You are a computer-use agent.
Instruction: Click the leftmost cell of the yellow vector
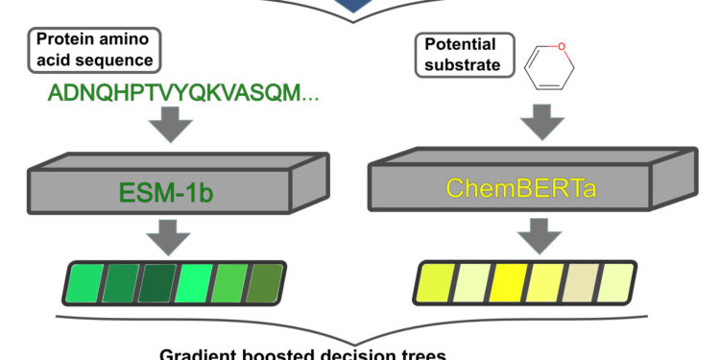[438, 281]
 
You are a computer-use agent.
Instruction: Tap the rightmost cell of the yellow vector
[616, 281]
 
